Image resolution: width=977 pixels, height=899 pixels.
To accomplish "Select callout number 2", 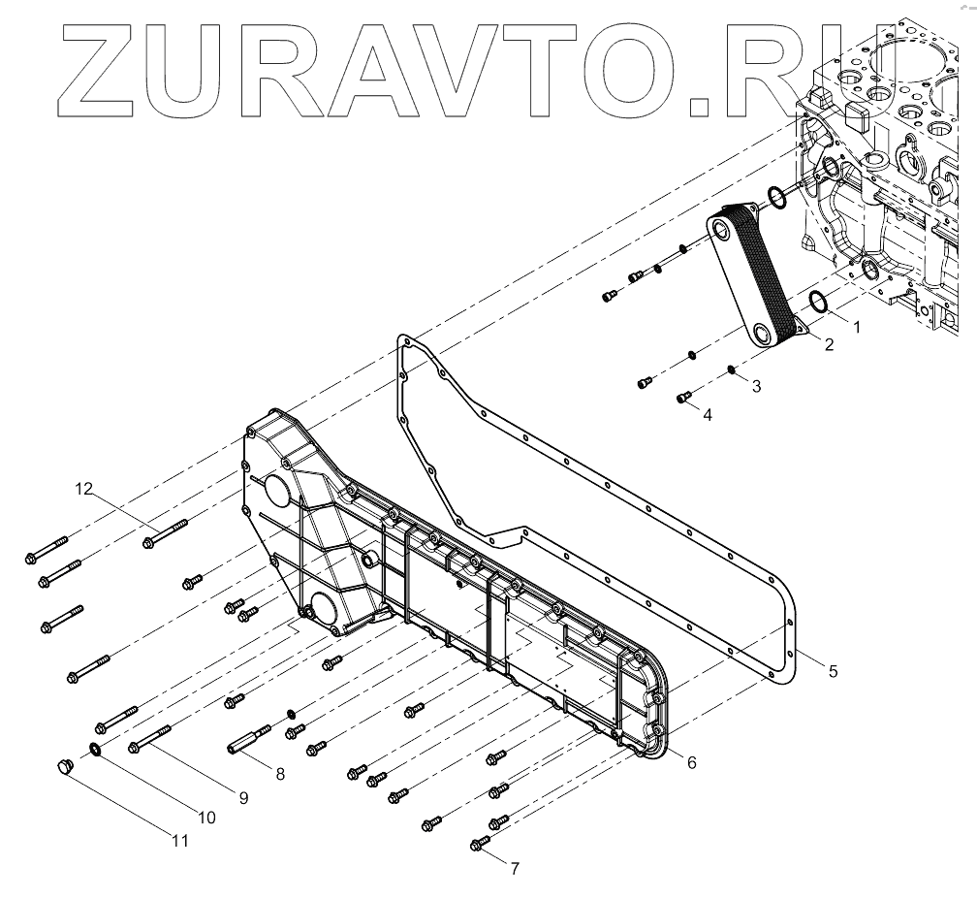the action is pyautogui.click(x=830, y=344).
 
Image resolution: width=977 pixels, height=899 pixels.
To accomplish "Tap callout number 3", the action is pyautogui.click(x=756, y=385).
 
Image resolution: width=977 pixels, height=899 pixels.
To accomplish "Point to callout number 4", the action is pyautogui.click(x=708, y=414).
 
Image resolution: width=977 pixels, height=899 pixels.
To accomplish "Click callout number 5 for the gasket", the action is pyautogui.click(x=833, y=669).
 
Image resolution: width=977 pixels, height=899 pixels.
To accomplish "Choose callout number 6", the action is pyautogui.click(x=691, y=762).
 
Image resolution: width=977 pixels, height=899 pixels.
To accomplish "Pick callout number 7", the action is pyautogui.click(x=515, y=868).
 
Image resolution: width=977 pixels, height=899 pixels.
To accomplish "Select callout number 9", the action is pyautogui.click(x=242, y=798).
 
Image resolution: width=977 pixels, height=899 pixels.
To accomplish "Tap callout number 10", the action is pyautogui.click(x=206, y=818).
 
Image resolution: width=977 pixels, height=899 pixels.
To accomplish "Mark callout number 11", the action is pyautogui.click(x=179, y=841).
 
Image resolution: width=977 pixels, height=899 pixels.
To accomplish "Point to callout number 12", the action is pyautogui.click(x=85, y=490).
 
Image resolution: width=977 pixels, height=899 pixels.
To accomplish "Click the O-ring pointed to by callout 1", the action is pyautogui.click(x=818, y=302).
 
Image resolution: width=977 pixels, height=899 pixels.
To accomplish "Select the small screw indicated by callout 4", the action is pyautogui.click(x=683, y=395).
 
